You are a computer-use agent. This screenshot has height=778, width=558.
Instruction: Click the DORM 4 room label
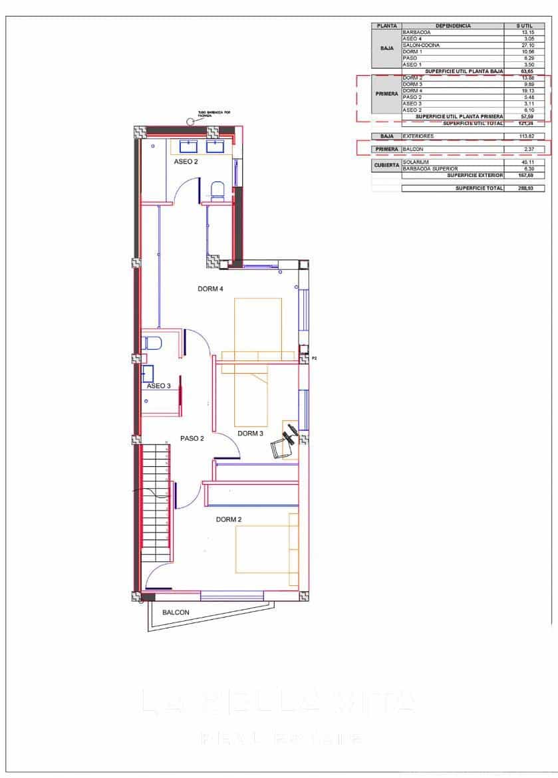coord(210,289)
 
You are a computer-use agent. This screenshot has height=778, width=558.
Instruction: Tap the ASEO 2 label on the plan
coord(186,161)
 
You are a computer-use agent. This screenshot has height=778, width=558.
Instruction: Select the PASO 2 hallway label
coord(192,438)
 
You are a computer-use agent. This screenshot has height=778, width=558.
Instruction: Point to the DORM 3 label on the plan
coord(251,434)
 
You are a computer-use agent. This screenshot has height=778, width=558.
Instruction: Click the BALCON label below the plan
coord(176,612)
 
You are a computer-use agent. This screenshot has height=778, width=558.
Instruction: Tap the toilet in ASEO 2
coord(217,190)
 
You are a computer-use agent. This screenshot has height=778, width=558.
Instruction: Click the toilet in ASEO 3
coord(152,344)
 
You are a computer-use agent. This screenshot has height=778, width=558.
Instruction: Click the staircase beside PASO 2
coord(156,505)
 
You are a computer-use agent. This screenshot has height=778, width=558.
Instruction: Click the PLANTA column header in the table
coord(386,26)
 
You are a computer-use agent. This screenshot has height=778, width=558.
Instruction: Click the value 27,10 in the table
coord(527,45)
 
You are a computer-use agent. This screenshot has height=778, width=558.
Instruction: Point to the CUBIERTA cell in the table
coord(386,165)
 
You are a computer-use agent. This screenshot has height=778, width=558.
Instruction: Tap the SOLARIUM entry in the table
coord(416,162)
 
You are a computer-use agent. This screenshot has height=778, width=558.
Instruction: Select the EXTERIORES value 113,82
coord(527,136)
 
